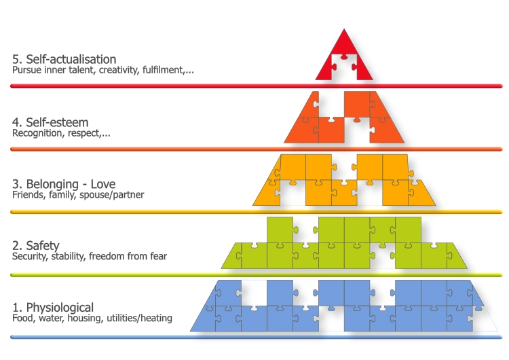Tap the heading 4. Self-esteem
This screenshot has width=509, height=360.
[50, 123]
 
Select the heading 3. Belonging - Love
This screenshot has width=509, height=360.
[64, 184]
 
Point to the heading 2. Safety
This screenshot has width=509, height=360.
[36, 245]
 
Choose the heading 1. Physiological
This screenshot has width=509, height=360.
[53, 307]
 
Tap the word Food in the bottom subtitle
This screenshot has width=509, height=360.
[23, 318]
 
